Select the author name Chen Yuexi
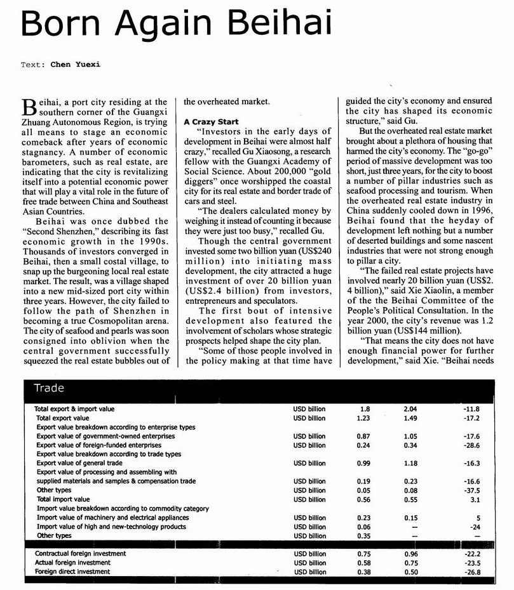[x=76, y=64]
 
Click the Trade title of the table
[x=48, y=388]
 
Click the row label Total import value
[x=63, y=499]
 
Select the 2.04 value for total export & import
[x=410, y=409]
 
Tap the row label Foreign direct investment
[x=73, y=572]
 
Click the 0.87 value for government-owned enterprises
[x=363, y=436]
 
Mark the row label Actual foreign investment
[x=72, y=563]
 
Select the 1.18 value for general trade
[x=410, y=464]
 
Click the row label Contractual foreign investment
[x=80, y=554]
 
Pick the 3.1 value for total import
[x=475, y=499]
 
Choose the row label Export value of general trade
[x=79, y=464]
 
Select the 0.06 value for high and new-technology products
[x=363, y=527]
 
